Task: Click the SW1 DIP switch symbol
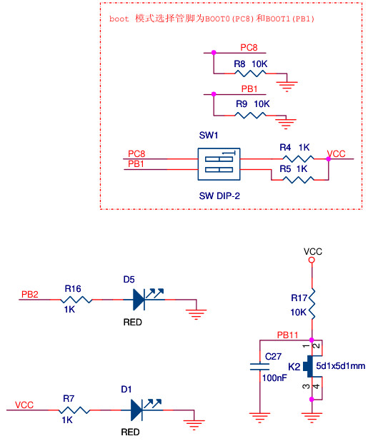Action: click(x=219, y=164)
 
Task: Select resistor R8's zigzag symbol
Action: click(x=250, y=73)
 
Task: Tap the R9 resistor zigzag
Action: click(x=250, y=116)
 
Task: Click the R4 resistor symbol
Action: click(x=298, y=159)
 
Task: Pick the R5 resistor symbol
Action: click(x=298, y=180)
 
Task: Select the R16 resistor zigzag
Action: click(x=76, y=300)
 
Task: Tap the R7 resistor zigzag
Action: click(x=74, y=410)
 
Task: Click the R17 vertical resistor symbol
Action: click(x=312, y=304)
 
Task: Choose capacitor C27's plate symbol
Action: click(x=259, y=367)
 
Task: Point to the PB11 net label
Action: click(x=287, y=335)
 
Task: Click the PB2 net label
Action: click(x=29, y=294)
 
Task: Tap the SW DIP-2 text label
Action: click(x=219, y=196)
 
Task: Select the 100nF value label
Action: click(x=274, y=377)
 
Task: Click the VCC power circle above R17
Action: click(x=312, y=260)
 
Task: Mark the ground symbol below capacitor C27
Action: click(x=259, y=417)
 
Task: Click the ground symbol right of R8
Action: click(x=287, y=86)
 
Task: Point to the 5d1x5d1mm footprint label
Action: click(x=340, y=366)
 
